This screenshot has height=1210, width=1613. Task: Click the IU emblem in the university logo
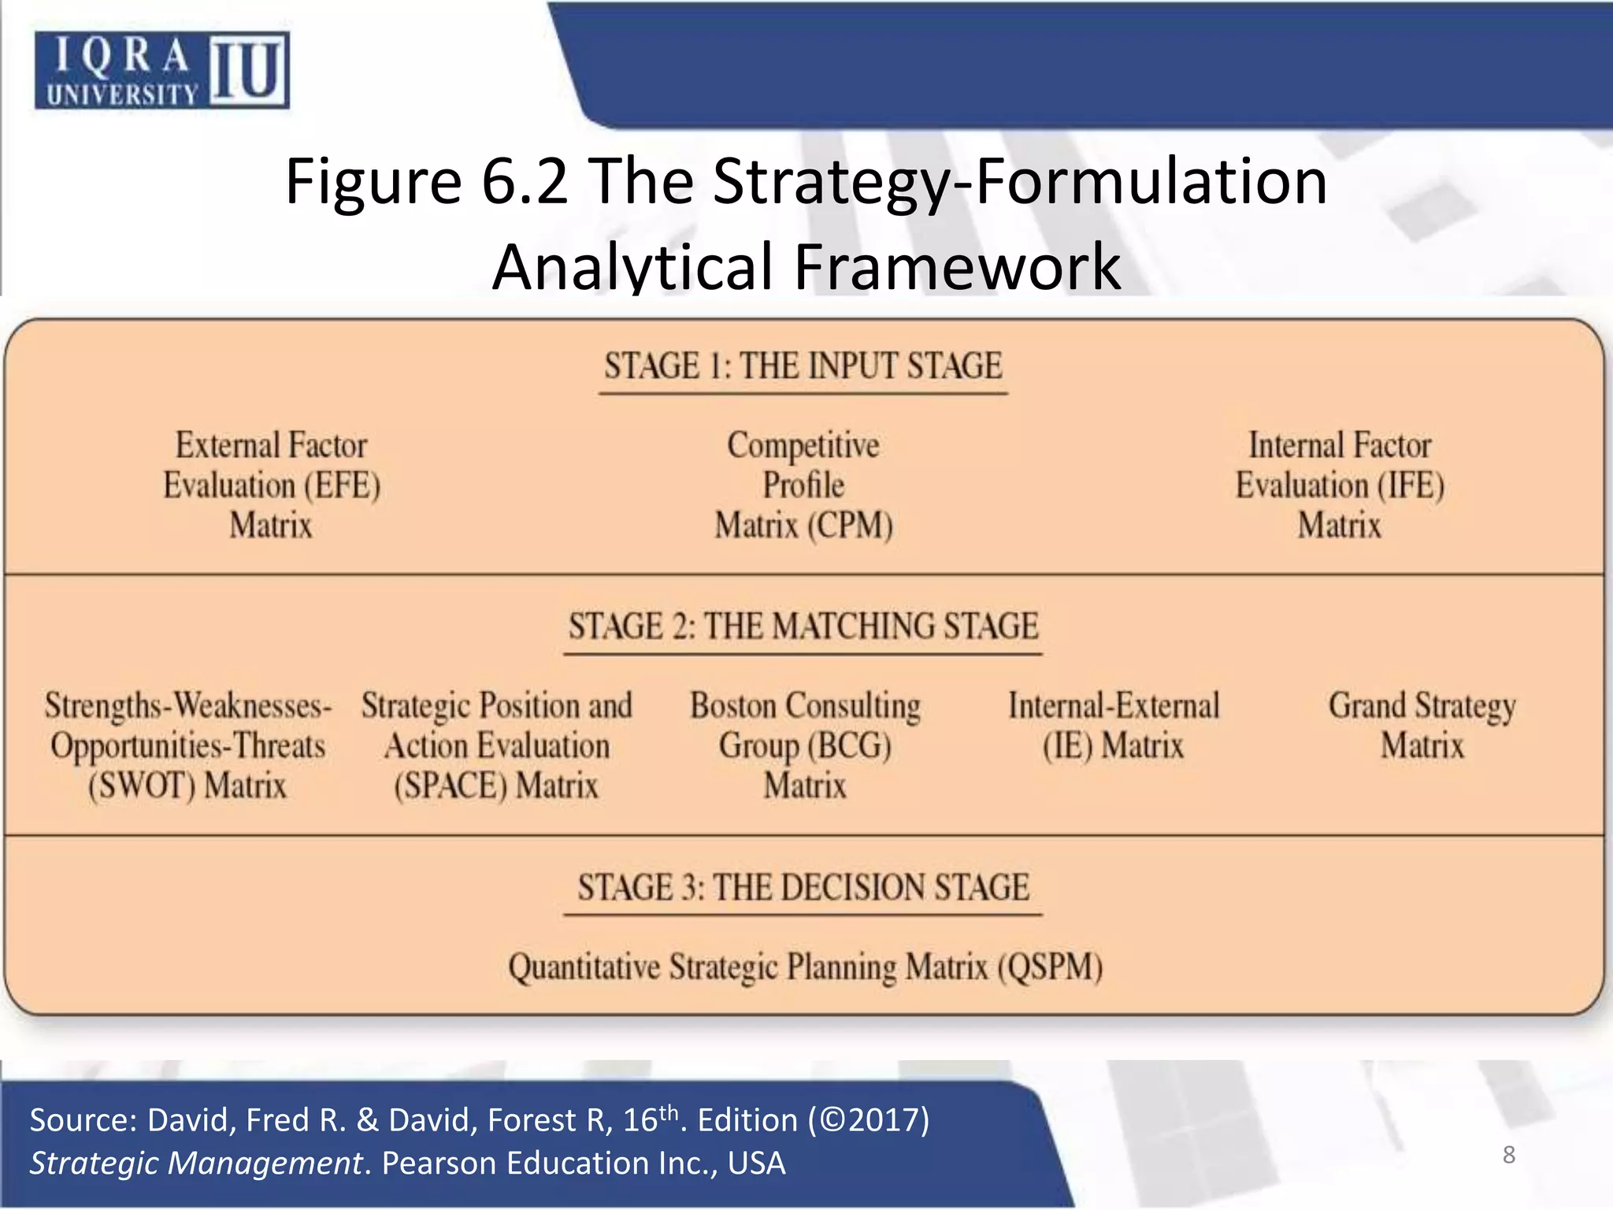248,69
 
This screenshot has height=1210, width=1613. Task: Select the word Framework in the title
957,266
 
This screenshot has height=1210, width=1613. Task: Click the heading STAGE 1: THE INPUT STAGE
803,366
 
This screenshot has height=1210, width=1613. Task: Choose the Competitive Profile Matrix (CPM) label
803,485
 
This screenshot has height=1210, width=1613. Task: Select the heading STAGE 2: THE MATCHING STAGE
803,626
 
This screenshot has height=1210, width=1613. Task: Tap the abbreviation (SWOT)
141,786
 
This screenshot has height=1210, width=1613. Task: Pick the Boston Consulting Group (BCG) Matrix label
805,745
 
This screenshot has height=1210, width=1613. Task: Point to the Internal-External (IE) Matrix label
1113,726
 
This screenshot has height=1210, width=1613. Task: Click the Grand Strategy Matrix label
1422,726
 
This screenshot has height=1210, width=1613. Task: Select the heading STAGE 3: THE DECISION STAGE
803,888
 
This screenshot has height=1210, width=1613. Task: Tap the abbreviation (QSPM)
1050,967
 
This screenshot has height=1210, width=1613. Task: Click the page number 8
1508,1155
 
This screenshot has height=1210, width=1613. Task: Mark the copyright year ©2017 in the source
868,1120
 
